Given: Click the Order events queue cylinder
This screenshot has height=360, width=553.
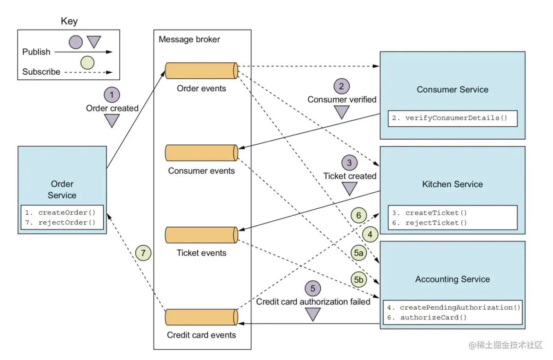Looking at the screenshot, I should click(201, 71).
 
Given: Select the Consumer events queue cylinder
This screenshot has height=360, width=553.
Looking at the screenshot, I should click(201, 153).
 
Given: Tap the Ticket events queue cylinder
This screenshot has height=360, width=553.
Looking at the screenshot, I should click(201, 235).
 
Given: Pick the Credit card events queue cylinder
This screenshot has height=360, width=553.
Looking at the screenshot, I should click(201, 317).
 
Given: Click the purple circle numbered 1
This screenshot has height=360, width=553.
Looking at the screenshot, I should click(112, 95).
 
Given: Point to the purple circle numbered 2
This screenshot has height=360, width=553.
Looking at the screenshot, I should click(341, 86).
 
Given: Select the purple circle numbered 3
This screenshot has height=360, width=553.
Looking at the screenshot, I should click(349, 163).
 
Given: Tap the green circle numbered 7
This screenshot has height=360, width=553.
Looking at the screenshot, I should click(143, 253).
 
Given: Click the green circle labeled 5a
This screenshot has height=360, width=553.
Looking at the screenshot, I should click(359, 253).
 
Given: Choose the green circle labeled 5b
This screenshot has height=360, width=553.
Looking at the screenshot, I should click(359, 279).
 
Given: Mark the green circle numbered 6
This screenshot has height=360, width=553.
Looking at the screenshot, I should click(359, 215).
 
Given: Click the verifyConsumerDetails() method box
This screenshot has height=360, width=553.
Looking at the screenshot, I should click(452, 118).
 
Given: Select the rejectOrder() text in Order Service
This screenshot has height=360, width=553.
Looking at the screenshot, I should click(67, 223).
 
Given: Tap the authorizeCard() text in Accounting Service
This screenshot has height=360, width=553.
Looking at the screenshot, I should click(434, 317).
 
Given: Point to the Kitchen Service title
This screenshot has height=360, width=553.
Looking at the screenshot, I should click(452, 184).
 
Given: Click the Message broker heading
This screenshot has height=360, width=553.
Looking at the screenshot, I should click(189, 40).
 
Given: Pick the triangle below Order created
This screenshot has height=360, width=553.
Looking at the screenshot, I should click(112, 121).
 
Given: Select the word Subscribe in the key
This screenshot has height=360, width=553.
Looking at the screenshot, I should click(41, 72).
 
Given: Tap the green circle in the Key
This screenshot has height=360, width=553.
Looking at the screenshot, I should click(87, 62).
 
